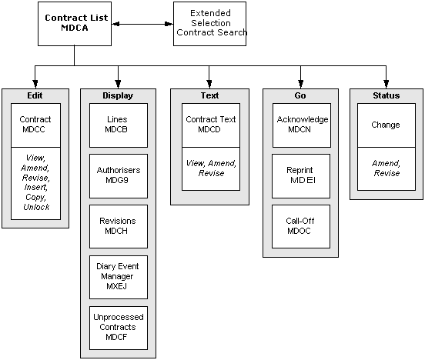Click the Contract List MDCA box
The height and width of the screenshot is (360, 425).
[75, 24]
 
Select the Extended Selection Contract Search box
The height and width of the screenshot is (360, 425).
[209, 24]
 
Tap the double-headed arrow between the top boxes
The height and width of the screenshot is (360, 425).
[142, 24]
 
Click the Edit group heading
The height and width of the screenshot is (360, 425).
[35, 95]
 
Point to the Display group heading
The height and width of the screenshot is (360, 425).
[118, 95]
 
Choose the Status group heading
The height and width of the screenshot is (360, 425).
[387, 95]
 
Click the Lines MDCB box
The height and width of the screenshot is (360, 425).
[119, 125]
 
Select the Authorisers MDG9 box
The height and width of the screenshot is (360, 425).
[119, 176]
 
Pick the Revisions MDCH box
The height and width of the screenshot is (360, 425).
[119, 226]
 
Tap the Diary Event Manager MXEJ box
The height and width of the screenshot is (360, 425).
[119, 277]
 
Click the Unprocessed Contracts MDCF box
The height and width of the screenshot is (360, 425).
[119, 328]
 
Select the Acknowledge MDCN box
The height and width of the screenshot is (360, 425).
[302, 125]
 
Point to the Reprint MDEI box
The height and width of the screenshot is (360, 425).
[301, 176]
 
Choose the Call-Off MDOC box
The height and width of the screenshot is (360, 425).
[301, 226]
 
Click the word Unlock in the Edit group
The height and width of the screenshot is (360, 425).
[36, 207]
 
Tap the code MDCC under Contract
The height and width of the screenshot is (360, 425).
[34, 129]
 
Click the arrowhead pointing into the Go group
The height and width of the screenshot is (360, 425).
[300, 84]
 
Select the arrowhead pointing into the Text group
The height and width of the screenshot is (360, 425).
[209, 84]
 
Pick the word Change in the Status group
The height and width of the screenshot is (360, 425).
[386, 125]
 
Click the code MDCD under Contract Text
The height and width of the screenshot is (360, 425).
[209, 129]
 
